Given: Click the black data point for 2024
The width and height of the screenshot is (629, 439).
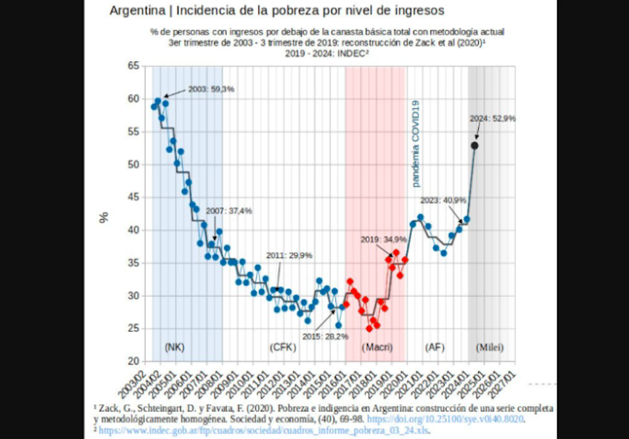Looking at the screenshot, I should [x=474, y=146].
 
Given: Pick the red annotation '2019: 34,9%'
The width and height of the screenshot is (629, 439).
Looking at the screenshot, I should [x=384, y=239].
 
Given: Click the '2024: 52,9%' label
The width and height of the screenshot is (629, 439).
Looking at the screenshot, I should [x=493, y=118].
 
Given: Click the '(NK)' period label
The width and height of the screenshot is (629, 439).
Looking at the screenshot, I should [x=175, y=347].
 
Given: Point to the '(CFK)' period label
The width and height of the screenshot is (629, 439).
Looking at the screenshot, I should [x=282, y=347].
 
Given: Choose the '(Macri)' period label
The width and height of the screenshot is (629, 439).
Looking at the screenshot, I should [x=378, y=347].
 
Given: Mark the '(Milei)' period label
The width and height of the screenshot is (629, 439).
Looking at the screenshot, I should [x=489, y=347].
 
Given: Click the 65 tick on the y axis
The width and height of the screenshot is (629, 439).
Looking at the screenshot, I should [x=133, y=66].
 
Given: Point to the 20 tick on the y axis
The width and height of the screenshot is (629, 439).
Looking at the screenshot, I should [x=133, y=361].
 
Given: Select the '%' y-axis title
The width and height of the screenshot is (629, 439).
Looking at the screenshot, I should [x=104, y=216].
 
